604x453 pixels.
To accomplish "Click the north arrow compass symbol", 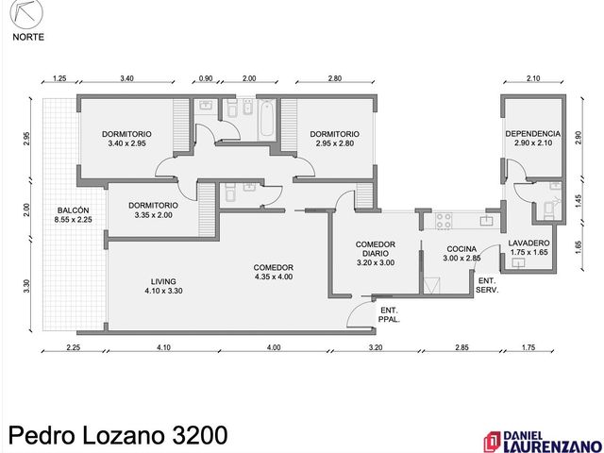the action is [26, 14].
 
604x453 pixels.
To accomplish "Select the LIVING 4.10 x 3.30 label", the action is [163, 286].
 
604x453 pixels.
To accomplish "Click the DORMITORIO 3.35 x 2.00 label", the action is [153, 210].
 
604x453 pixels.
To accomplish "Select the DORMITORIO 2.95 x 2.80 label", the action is [335, 139].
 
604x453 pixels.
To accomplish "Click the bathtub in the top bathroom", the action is [266, 119].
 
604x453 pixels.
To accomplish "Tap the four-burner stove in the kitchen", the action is [443, 221].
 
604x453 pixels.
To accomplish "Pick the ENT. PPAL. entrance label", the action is [389, 314].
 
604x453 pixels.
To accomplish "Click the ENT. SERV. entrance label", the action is [487, 285].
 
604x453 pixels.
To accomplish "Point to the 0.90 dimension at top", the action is [206, 78].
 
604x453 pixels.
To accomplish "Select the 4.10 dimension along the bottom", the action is [163, 347].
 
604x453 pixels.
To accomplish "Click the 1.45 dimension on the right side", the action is [579, 201].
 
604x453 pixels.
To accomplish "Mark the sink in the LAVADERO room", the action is [518, 263].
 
